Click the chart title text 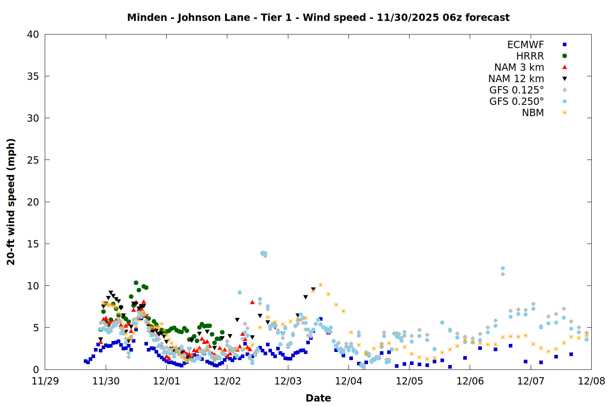pyautogui.click(x=318, y=17)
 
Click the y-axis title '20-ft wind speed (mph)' pyautogui.click(x=11, y=202)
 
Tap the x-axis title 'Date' pyautogui.click(x=318, y=398)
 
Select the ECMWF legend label pyautogui.click(x=525, y=45)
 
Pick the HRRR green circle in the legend pyautogui.click(x=564, y=56)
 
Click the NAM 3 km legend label pyautogui.click(x=519, y=67)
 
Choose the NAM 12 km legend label pyautogui.click(x=516, y=79)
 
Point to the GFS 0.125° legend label pyautogui.click(x=516, y=90)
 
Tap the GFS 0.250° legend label pyautogui.click(x=516, y=101)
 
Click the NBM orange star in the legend pyautogui.click(x=564, y=113)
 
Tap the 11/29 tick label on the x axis pyautogui.click(x=45, y=381)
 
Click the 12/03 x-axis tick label pyautogui.click(x=288, y=381)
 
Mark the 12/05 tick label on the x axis pyautogui.click(x=409, y=381)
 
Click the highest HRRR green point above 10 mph pyautogui.click(x=136, y=283)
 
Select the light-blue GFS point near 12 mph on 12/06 pyautogui.click(x=503, y=268)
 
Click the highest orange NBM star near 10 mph pyautogui.click(x=320, y=285)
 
